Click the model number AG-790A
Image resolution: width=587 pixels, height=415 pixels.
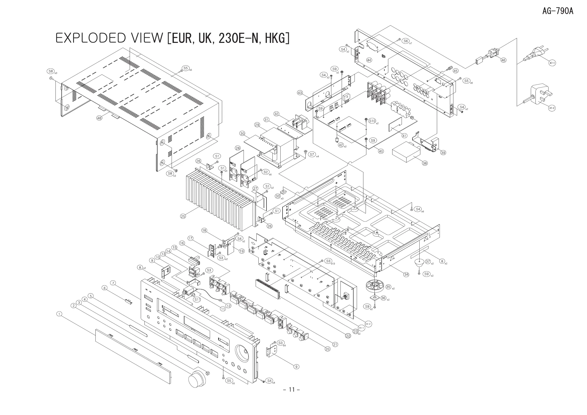558,11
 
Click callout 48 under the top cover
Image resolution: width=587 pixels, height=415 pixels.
99,118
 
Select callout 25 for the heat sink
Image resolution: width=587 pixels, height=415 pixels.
183,216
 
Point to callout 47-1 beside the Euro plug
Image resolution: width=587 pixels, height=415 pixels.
552,63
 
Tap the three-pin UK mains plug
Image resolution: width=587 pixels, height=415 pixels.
539,95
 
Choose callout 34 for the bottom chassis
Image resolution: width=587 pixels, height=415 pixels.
406,275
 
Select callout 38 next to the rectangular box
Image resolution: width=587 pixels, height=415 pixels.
425,163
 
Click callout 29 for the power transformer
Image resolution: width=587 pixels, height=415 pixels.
257,125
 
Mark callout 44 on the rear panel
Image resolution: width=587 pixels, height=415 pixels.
369,60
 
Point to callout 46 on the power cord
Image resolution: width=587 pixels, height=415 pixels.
503,60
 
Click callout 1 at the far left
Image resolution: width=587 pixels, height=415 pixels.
59,314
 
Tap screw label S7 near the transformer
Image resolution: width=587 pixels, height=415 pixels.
312,154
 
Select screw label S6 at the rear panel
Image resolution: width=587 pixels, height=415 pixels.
406,41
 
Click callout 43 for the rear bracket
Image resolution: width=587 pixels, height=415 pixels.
300,93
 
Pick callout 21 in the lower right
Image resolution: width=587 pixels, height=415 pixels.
335,345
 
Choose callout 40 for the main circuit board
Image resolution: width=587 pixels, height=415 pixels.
381,151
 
